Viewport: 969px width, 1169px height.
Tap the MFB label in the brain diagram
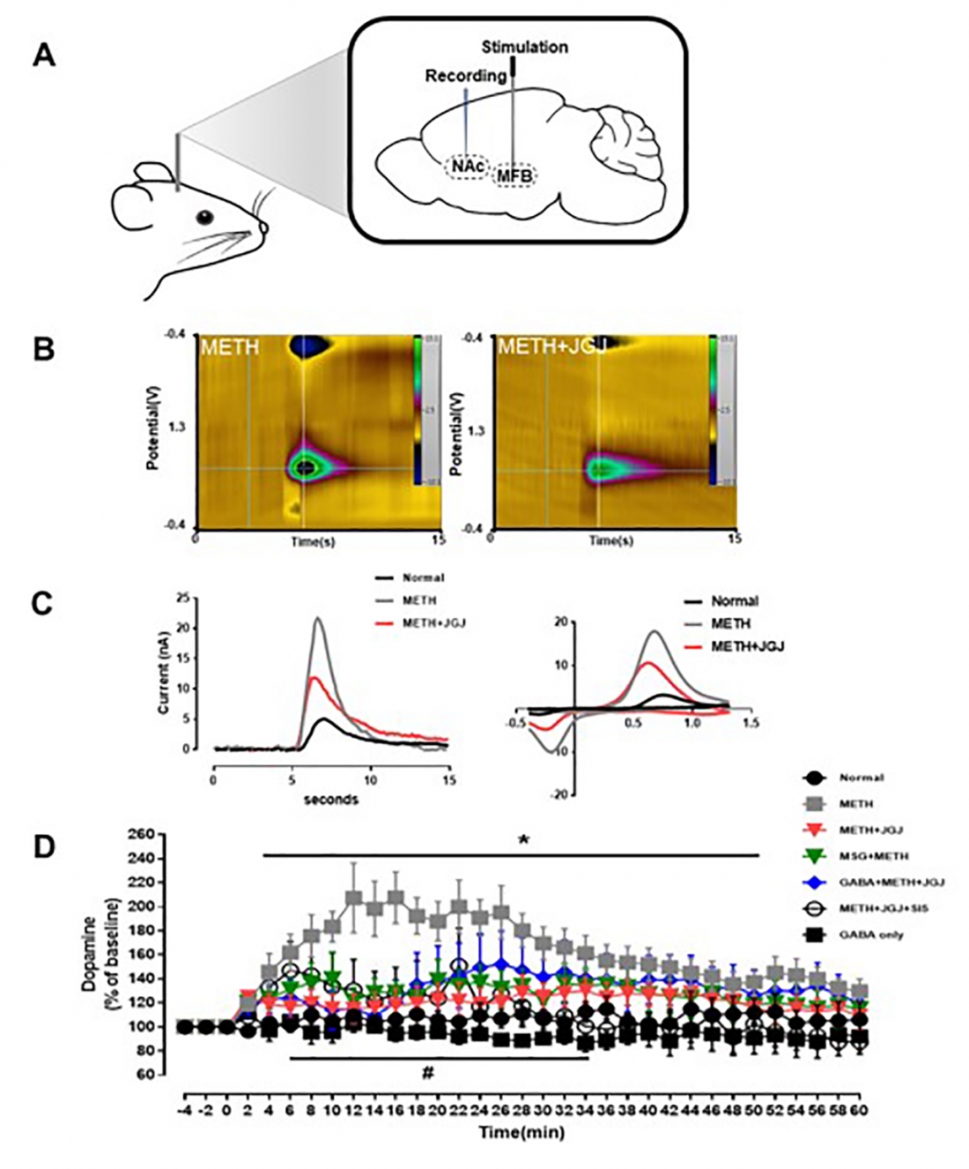click(514, 175)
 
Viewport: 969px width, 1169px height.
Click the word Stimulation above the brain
click(525, 47)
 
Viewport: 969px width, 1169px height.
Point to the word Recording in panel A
click(466, 77)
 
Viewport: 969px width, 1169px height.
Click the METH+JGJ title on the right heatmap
click(540, 346)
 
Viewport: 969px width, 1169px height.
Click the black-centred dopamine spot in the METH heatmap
click(306, 467)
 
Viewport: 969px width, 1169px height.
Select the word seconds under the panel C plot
click(330, 800)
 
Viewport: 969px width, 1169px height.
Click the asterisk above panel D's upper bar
click(524, 841)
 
